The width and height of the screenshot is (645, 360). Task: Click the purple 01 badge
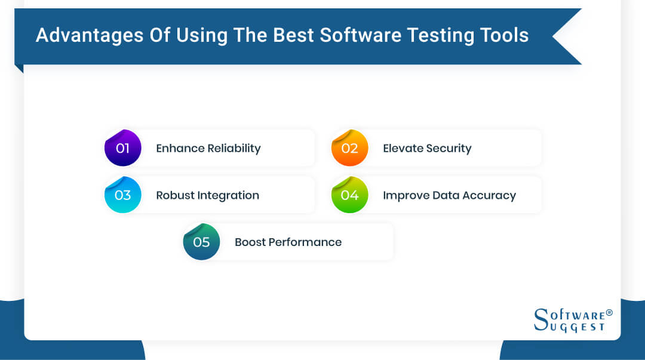(x=122, y=148)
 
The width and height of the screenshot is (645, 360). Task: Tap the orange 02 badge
(x=349, y=148)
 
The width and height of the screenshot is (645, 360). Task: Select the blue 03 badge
(x=122, y=195)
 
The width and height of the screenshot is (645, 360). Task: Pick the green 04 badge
(x=349, y=195)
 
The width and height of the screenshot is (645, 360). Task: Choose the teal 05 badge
(x=201, y=242)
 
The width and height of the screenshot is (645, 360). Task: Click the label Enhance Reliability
(x=208, y=148)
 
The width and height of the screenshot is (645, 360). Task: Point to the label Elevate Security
(x=427, y=148)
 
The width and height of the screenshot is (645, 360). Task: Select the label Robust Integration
(x=207, y=195)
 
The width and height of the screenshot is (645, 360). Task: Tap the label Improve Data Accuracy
(x=449, y=195)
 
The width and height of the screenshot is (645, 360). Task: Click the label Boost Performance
(x=288, y=242)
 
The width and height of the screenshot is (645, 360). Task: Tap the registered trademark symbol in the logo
(x=609, y=312)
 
